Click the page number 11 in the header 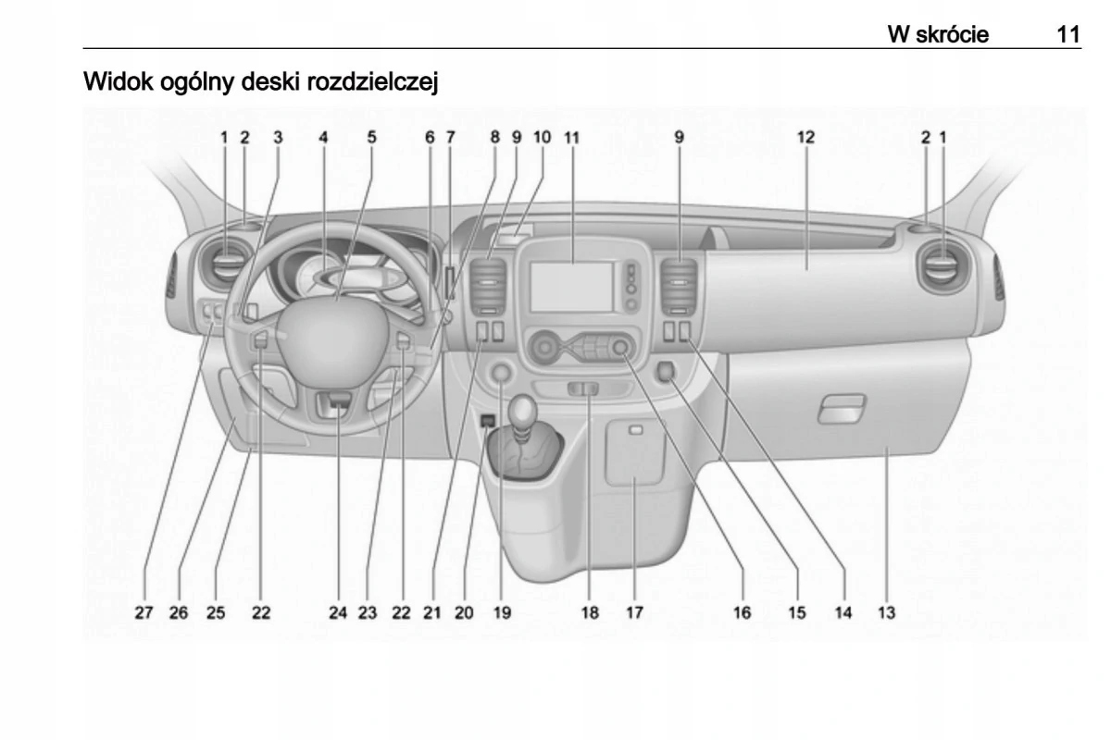pos(1067,35)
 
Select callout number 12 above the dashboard pos(805,137)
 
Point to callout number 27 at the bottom pos(143,612)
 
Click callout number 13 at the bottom pos(886,612)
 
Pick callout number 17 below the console pos(633,612)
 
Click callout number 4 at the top pos(323,137)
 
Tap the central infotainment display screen pos(572,287)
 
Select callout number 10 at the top pos(542,137)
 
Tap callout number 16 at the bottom pos(742,612)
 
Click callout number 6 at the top pos(430,137)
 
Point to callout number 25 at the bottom pos(216,612)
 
